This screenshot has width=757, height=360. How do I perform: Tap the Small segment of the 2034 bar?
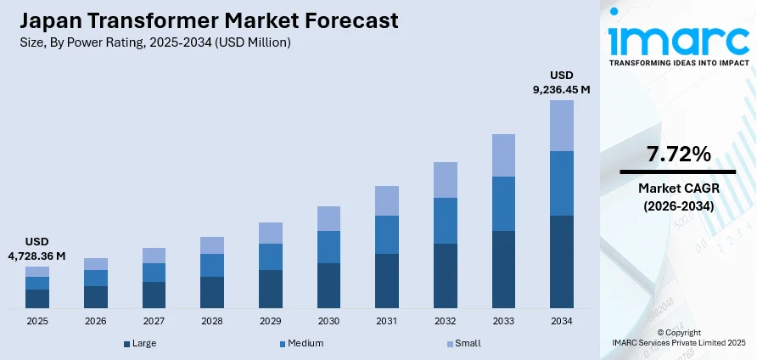pos(561,126)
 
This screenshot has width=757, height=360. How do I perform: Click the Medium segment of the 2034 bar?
pos(561,183)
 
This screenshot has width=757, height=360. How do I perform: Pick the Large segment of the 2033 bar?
pos(503,269)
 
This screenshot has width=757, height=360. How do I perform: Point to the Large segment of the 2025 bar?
pos(37,298)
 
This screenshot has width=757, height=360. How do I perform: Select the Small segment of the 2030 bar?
pos(328,218)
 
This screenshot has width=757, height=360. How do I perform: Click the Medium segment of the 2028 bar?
pos(212,265)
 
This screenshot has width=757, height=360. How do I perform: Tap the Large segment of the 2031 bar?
pos(387,280)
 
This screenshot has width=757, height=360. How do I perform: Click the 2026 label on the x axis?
pos(96,322)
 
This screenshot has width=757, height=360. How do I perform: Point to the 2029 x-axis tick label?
pos(270,322)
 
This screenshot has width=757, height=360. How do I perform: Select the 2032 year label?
pos(445,322)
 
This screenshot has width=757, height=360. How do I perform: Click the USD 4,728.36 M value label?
pos(36,249)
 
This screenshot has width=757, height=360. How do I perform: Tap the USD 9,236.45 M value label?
pos(561,82)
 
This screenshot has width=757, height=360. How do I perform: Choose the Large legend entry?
pos(139,343)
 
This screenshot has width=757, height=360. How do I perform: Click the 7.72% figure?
pos(678,154)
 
